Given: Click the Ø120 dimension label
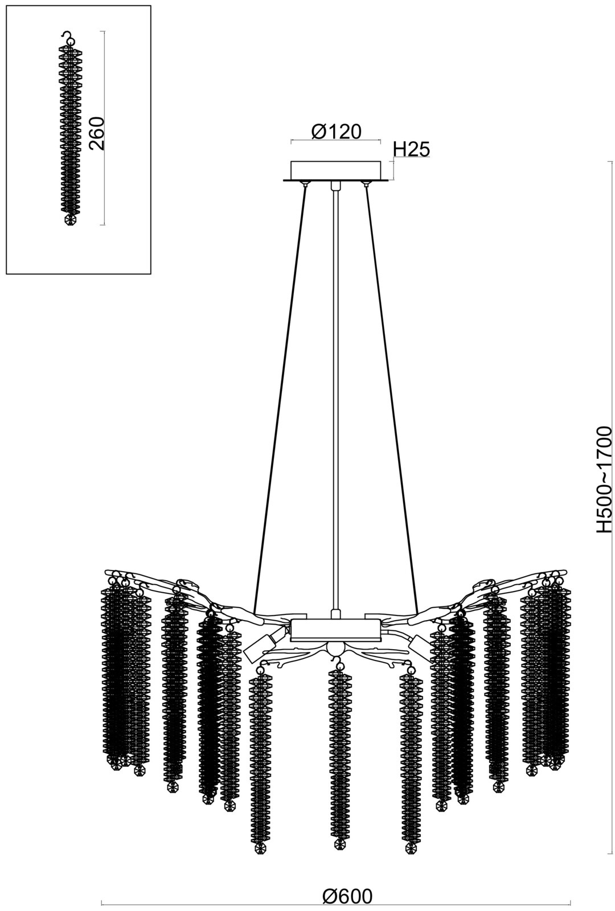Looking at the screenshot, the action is point(336,132).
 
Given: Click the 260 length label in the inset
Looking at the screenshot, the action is point(97,134).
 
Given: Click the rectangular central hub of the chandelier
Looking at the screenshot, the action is point(336,630).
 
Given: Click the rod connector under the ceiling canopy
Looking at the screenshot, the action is point(335,186).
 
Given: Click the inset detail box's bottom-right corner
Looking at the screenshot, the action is point(151,275).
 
